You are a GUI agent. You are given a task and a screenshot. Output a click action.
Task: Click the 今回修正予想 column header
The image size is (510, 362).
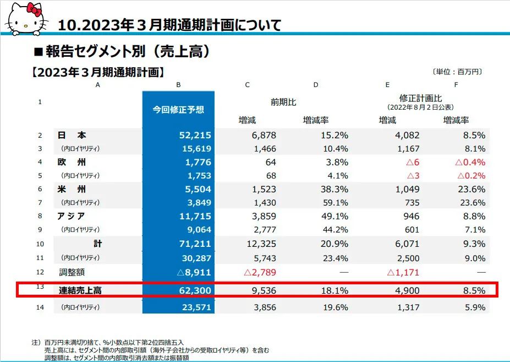point(178,109)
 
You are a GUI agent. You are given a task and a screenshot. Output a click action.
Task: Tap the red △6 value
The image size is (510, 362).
point(413,163)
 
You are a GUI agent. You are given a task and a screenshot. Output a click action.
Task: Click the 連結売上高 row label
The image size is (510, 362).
point(80,290)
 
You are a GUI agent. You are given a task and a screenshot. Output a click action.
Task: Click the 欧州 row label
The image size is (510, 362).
point(72,163)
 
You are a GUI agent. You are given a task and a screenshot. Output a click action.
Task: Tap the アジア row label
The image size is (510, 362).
point(72,216)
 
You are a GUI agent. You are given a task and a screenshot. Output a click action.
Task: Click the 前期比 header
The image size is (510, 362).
point(283,102)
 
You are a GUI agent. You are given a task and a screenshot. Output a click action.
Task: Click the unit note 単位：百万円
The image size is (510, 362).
point(458,72)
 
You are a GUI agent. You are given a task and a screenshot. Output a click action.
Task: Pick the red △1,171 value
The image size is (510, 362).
point(404,272)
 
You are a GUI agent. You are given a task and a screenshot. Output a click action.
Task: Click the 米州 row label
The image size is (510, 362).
point(72,189)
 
